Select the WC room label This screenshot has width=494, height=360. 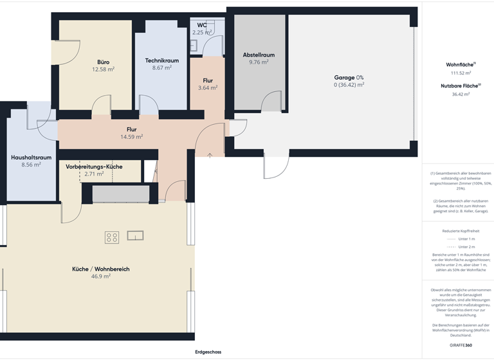202,25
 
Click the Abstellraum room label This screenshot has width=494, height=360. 259,55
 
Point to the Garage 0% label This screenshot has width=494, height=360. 349,77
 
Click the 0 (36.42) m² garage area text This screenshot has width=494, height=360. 349,84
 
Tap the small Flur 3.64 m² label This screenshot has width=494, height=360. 207,80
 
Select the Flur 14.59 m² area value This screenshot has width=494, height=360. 131,136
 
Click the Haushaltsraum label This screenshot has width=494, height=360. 31,157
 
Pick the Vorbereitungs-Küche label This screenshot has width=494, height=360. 94,166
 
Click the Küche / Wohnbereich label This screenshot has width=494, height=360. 100,269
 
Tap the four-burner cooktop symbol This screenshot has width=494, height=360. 112,237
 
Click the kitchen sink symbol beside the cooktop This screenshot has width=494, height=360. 136,235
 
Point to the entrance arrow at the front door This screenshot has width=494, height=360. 210,154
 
